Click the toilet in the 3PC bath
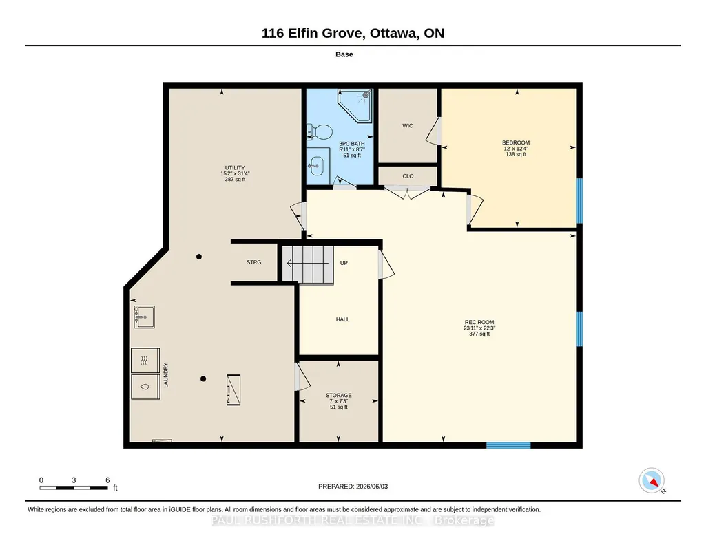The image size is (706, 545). (x=320, y=131)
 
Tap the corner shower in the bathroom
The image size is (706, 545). (x=355, y=105)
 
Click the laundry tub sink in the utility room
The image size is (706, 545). (x=144, y=317)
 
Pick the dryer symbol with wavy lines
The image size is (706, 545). (x=145, y=360)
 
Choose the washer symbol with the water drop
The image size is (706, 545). (x=145, y=387)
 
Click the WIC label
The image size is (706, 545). (x=408, y=126)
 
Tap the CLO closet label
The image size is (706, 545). (x=408, y=176)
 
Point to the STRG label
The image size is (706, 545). (x=254, y=262)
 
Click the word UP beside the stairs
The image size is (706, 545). (x=344, y=263)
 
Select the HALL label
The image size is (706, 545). (x=342, y=319)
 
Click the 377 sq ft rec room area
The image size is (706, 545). (x=479, y=334)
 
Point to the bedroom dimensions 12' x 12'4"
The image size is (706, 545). (x=516, y=149)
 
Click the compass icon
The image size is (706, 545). (x=652, y=481)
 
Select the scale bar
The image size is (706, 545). (x=74, y=488)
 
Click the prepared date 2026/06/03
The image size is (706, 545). (x=372, y=486)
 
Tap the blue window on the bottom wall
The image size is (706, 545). (x=508, y=446)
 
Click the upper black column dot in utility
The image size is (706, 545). (x=199, y=257)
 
